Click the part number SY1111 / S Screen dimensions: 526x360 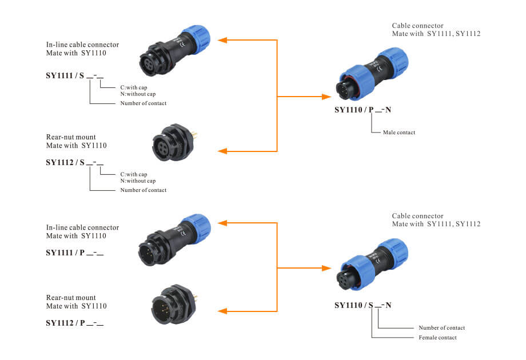tap(65, 75)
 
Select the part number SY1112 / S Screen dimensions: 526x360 tap(65, 162)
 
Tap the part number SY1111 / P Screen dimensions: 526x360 tap(65, 253)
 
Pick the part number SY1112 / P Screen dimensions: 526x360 tap(65, 323)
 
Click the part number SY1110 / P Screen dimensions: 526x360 tap(354, 110)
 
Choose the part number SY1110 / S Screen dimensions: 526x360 tap(353, 305)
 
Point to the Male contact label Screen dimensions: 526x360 tap(399, 133)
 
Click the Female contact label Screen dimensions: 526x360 tap(437, 338)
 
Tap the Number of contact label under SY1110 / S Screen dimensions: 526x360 tap(441, 328)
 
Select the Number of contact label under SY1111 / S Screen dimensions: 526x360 tap(144, 103)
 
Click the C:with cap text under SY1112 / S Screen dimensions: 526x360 tap(134, 174)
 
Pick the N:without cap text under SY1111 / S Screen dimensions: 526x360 tap(138, 94)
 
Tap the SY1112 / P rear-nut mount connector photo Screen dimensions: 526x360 tap(174, 305)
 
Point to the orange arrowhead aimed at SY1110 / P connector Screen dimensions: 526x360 tap(326, 97)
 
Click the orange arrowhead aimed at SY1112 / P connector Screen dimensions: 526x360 tap(222, 311)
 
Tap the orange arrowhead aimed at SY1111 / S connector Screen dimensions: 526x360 tap(222, 40)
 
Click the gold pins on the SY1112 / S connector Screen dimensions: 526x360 tap(195, 135)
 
